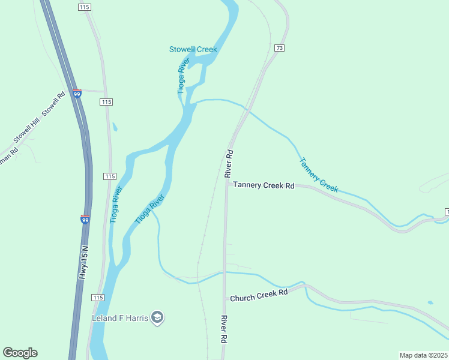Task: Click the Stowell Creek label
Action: pyautogui.click(x=193, y=49)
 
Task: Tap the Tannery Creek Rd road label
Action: pyautogui.click(x=264, y=186)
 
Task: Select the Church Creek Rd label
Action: pyautogui.click(x=259, y=296)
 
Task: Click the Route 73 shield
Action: pyautogui.click(x=279, y=47)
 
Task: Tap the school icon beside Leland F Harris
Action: pyautogui.click(x=157, y=317)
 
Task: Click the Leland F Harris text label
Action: pyautogui.click(x=119, y=317)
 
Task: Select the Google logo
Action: pyautogui.click(x=20, y=353)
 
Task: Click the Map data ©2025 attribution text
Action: pyautogui.click(x=423, y=355)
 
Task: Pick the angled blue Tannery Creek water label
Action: pyautogui.click(x=319, y=175)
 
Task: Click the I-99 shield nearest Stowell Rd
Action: pyautogui.click(x=77, y=94)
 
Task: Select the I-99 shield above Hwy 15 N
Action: pyautogui.click(x=85, y=220)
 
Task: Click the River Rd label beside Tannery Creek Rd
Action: pyautogui.click(x=228, y=163)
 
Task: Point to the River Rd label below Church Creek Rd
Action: pyautogui.click(x=223, y=329)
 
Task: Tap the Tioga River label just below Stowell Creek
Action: pyautogui.click(x=183, y=76)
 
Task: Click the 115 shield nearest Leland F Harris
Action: pyautogui.click(x=98, y=298)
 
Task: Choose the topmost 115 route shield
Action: pyautogui.click(x=83, y=7)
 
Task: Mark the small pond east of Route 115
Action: pyautogui.click(x=115, y=127)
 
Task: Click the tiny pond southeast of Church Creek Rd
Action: pyautogui.click(x=430, y=302)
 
